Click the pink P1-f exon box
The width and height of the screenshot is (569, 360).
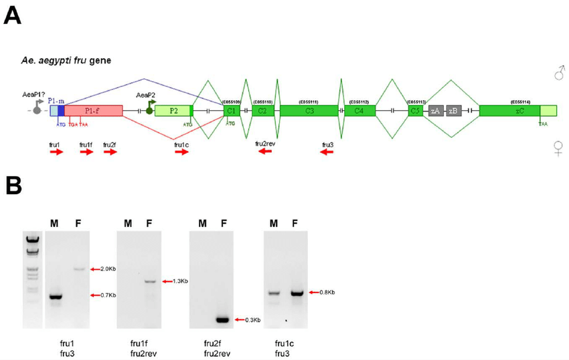(94, 110)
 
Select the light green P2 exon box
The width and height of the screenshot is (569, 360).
(173, 110)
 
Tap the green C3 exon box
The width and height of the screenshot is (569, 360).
(309, 110)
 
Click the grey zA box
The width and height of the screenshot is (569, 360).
(436, 110)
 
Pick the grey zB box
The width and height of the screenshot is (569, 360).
(453, 110)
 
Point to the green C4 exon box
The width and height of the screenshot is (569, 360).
(359, 110)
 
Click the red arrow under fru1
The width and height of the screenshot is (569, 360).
(56, 153)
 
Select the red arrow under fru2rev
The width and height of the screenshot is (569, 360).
(266, 152)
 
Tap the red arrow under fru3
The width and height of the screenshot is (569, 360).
(327, 152)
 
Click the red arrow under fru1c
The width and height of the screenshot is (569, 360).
(181, 153)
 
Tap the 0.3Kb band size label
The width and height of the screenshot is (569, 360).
(252, 320)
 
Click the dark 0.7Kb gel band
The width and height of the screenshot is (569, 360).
(55, 296)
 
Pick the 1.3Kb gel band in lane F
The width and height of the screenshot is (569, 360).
(149, 282)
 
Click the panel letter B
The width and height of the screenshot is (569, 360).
(15, 186)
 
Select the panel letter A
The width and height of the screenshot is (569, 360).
(15, 15)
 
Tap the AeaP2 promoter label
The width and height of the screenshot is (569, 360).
(146, 95)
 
